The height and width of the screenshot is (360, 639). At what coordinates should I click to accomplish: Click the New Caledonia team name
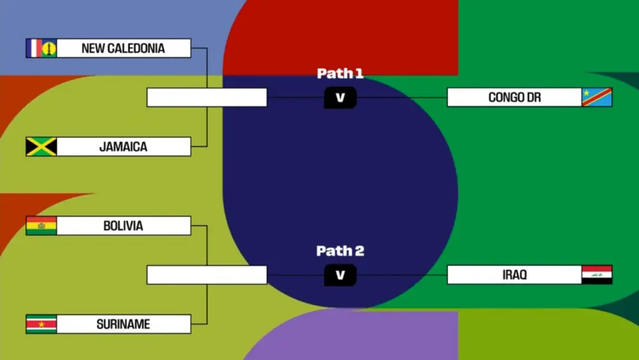click(123, 48)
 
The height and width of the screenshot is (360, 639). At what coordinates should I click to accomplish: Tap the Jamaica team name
click(123, 146)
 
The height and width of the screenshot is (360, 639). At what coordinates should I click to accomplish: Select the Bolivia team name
click(123, 226)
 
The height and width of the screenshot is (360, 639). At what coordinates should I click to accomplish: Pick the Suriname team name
click(123, 324)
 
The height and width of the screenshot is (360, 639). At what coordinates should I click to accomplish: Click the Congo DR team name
click(514, 97)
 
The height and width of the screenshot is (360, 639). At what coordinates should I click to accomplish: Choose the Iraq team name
click(514, 275)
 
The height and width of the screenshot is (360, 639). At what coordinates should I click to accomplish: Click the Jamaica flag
click(42, 146)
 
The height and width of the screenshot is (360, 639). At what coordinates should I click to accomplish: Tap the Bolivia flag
click(42, 226)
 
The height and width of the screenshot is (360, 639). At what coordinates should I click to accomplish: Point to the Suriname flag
click(42, 324)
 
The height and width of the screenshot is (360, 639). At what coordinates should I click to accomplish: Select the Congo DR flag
click(597, 97)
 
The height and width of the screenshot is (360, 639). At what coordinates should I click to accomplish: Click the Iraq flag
click(597, 275)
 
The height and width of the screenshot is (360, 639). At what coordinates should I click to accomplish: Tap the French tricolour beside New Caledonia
click(34, 48)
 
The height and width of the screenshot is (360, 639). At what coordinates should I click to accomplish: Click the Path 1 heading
click(340, 74)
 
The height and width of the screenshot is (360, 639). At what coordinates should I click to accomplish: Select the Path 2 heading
click(340, 251)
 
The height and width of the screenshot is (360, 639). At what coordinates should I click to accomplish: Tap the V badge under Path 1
click(340, 97)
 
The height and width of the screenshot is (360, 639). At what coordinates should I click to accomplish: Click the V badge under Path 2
click(340, 275)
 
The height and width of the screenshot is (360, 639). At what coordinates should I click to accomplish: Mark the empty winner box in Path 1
click(206, 97)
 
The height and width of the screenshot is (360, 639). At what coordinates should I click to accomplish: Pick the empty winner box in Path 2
click(206, 275)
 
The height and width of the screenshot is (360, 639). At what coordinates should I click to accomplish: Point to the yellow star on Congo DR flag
click(586, 93)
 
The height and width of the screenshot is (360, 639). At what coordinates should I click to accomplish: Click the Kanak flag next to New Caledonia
click(49, 48)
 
